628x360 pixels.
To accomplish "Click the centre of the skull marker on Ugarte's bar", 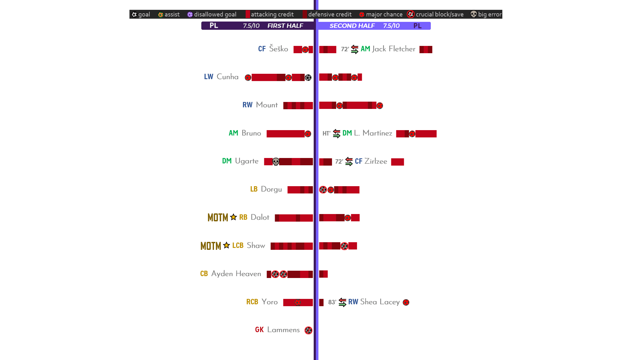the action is point(276,162).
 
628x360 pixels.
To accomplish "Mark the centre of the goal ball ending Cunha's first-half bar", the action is point(308,78).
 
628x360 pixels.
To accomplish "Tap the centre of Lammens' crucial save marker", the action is point(308,330).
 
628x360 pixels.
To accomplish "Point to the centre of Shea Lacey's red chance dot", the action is point(406,302).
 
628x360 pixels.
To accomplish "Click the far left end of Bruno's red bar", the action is point(267,134).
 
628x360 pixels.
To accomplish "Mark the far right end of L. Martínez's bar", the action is point(436,134).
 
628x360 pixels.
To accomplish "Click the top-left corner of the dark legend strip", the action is point(129,10).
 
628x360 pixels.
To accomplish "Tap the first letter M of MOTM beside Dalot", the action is point(210,218).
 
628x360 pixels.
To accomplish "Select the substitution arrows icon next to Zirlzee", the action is point(349,161).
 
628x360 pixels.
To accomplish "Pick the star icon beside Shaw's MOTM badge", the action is point(226,245).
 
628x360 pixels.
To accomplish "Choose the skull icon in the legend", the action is point(474,14).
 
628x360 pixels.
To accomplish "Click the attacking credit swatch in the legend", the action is point(248,14).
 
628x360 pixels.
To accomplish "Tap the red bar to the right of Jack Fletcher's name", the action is point(426,49).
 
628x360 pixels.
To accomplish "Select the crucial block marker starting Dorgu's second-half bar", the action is point(323,190).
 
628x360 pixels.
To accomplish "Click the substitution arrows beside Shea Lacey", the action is point(342,302).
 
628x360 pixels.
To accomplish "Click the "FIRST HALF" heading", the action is point(285,26).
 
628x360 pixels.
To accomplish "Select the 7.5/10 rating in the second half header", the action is point(391,26).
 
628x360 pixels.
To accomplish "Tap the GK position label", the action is point(259,330).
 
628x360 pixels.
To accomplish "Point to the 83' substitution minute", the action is point(332,302).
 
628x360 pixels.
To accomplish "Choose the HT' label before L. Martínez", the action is point(326,134).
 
